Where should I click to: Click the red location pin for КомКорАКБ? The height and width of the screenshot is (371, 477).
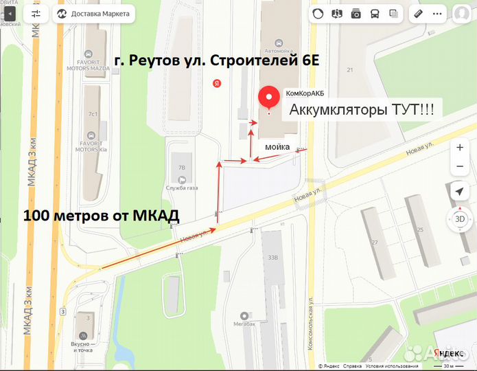coord(267,100)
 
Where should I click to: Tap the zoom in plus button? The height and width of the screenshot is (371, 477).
coord(459,148)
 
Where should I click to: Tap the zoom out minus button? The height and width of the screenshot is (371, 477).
coord(459,167)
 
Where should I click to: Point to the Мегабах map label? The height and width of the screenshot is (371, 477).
coord(244,323)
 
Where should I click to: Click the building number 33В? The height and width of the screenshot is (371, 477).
coord(272,258)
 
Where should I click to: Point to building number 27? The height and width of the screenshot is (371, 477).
coord(374,243)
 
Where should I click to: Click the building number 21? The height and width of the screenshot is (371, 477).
coord(350,69)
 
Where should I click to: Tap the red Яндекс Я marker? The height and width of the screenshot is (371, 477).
coord(217,83)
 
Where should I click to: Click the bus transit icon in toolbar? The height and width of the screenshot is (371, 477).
coord(375,13)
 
